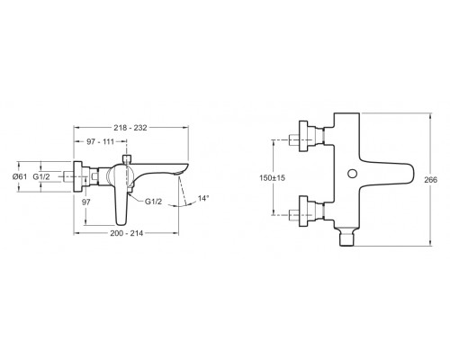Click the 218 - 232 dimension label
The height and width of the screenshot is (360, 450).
[130, 128]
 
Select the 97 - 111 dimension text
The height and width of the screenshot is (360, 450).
[101, 141]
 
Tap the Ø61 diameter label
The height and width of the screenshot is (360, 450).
[20, 176]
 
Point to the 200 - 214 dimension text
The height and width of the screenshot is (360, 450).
[127, 233]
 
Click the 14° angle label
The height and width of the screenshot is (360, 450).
[203, 198]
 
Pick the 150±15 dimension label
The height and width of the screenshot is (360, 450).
[272, 178]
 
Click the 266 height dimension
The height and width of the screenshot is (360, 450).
[430, 180]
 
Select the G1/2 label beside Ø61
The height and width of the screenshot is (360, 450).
[41, 176]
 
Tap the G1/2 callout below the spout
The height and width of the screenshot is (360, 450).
[153, 202]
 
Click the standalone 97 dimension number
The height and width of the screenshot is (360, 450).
[86, 202]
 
